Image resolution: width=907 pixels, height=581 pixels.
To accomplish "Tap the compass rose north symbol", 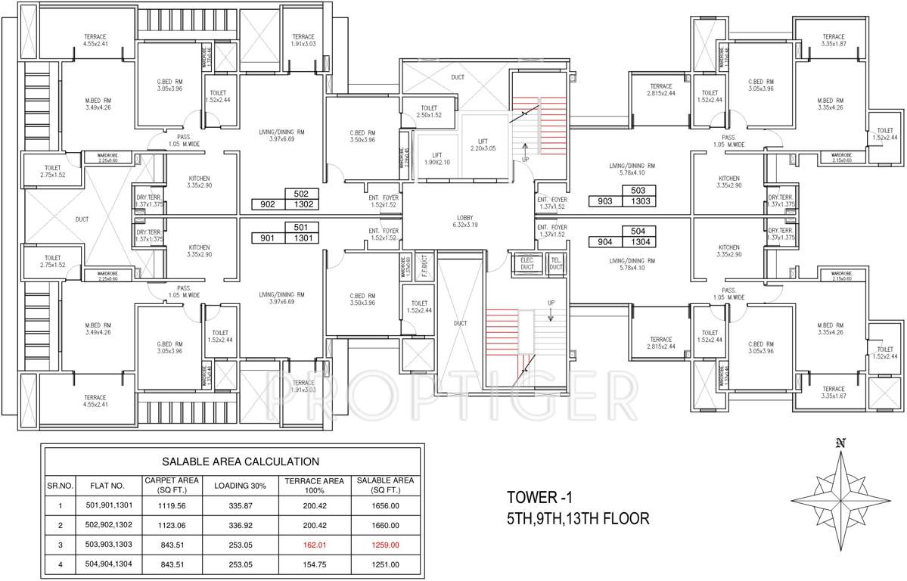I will point(840,444).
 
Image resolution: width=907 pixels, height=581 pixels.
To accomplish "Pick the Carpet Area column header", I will point(172,485).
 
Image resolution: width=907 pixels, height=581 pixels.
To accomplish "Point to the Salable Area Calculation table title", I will point(241,461).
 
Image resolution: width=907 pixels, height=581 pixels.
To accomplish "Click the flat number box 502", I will point(301,194).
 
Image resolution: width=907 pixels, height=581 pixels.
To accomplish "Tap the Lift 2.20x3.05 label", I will point(487,145).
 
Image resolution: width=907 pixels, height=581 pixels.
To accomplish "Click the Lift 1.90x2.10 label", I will point(436,157).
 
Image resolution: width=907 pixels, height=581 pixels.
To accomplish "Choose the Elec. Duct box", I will point(527,264).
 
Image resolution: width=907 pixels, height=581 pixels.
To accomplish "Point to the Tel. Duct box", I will point(555,264).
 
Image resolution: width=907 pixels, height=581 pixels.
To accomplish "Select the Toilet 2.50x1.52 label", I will point(428,111).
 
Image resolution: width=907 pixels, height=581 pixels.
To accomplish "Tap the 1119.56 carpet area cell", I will point(172,505).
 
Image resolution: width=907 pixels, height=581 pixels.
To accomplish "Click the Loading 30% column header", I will point(241,485).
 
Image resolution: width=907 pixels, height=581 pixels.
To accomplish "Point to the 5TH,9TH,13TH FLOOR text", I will point(578,519).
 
